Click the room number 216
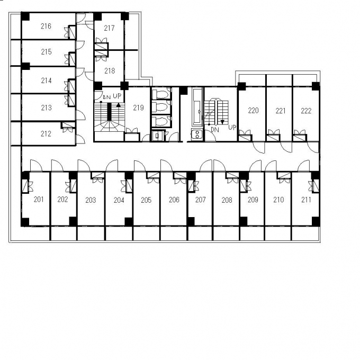tap(46, 26)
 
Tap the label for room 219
tap(138, 107)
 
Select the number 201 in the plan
tap(39, 199)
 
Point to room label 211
tap(306, 200)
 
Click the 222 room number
tap(306, 111)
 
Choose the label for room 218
tap(110, 71)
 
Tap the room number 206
tap(174, 200)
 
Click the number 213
tap(46, 107)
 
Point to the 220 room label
tap(253, 111)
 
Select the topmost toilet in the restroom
tap(161, 94)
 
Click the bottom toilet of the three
tap(161, 121)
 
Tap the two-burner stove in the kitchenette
tap(197, 134)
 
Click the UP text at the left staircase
tap(117, 96)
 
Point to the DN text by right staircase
tap(215, 130)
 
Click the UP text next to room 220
tap(232, 127)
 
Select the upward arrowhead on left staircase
tap(118, 105)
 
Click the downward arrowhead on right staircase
tap(222, 122)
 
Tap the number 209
tap(253, 200)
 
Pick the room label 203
tap(91, 200)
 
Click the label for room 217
tap(109, 28)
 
